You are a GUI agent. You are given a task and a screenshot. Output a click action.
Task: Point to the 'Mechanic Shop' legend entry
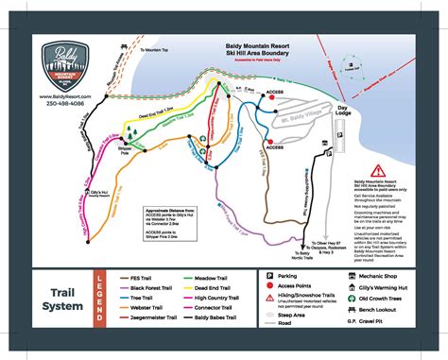pos(389,276)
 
